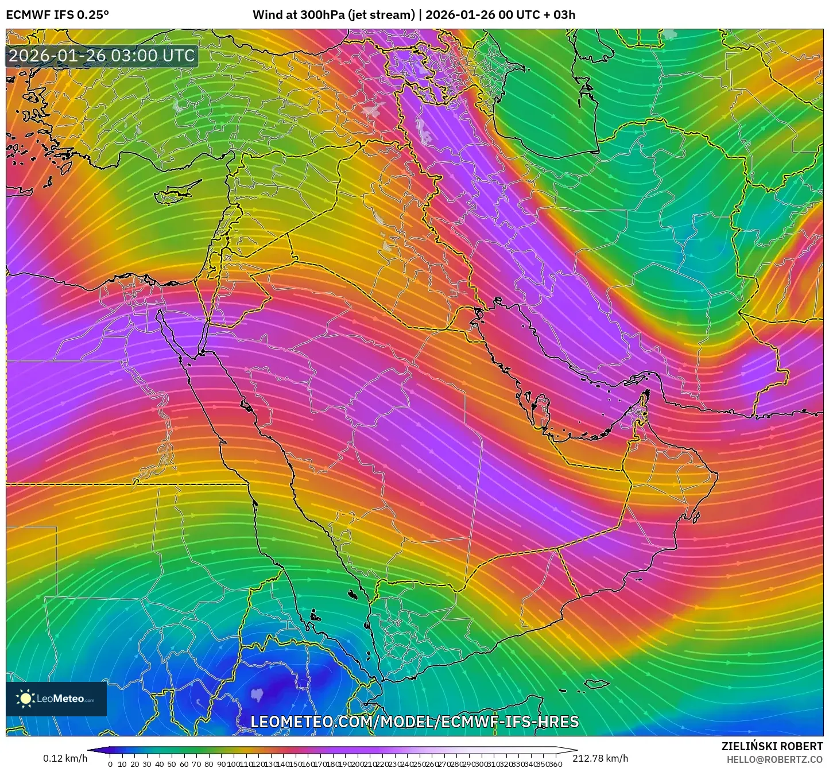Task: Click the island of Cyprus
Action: click(172, 193)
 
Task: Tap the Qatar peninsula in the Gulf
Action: click(540, 409)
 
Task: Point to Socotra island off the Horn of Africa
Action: click(597, 683)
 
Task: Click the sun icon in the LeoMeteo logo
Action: click(25, 699)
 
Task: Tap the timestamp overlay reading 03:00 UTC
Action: click(102, 56)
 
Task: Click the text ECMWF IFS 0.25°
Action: click(57, 15)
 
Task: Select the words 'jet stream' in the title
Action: click(381, 15)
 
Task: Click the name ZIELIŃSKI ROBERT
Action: click(772, 746)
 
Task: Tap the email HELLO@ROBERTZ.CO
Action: click(774, 759)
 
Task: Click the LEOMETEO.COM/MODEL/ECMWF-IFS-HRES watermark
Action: click(414, 722)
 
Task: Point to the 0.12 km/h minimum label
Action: click(65, 758)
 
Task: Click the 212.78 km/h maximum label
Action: click(601, 758)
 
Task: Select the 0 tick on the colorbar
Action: click(110, 763)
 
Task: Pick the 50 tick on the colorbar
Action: click(171, 763)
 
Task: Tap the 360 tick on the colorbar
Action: click(555, 763)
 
